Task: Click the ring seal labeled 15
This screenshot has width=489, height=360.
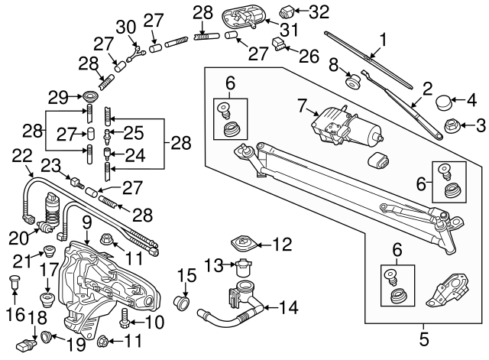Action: [x=183, y=300]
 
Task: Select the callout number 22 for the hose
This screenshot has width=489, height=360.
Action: [x=21, y=155]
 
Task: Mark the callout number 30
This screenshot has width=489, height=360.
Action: [x=125, y=27]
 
